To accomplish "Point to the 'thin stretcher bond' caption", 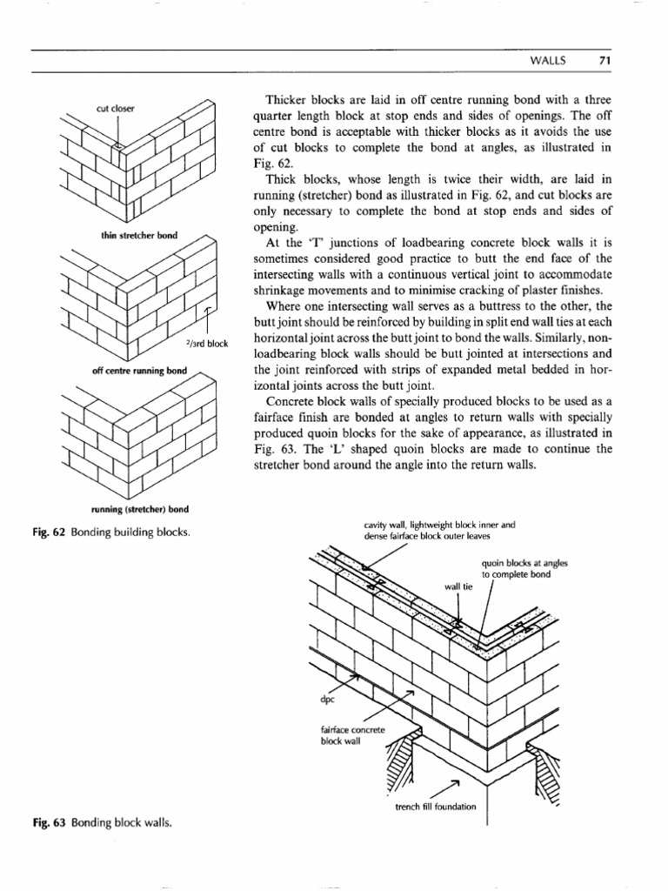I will pos(137,234).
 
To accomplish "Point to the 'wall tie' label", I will pos(457,586).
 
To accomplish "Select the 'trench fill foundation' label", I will pos(435,806).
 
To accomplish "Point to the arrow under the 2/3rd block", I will pos(207,318).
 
